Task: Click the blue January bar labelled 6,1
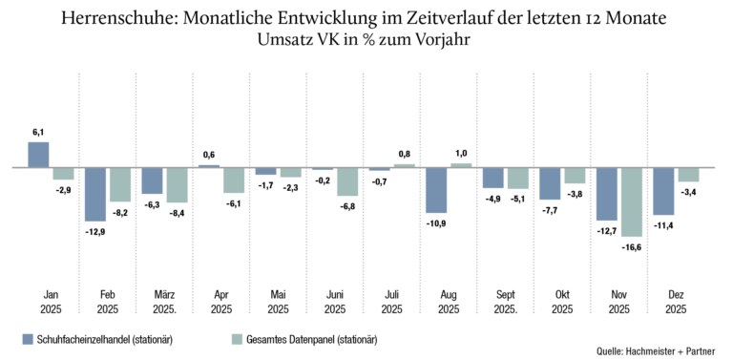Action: pyautogui.click(x=38, y=155)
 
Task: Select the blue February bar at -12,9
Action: pyautogui.click(x=94, y=194)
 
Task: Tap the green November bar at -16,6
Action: pyautogui.click(x=631, y=202)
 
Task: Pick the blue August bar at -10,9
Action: pyautogui.click(x=435, y=190)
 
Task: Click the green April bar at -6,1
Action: pyautogui.click(x=234, y=180)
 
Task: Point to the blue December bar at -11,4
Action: pyautogui.click(x=663, y=191)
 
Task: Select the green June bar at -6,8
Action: pyautogui.click(x=347, y=181)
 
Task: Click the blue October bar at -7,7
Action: pyautogui.click(x=550, y=183)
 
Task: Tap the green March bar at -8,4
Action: pyautogui.click(x=178, y=184)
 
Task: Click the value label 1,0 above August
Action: pyautogui.click(x=461, y=153)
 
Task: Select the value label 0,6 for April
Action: pyautogui.click(x=208, y=155)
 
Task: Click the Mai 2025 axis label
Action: pyautogui.click(x=278, y=302)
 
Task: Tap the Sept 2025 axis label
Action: pyautogui.click(x=506, y=302)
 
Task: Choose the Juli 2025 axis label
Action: pyautogui.click(x=391, y=302)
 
